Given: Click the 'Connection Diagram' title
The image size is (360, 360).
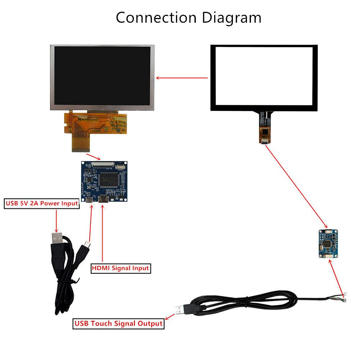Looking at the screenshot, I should (188, 17).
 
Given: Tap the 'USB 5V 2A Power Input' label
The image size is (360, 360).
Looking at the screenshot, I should (42, 203).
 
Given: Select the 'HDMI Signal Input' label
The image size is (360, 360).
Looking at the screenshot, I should (120, 268).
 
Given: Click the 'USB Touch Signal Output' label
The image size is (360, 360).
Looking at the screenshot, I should (118, 323).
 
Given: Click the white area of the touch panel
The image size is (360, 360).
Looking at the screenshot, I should (264, 77).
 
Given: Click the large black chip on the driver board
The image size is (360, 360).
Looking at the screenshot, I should (109, 179).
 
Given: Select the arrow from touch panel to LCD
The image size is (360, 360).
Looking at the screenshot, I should (182, 77).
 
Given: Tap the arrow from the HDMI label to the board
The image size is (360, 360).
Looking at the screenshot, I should (103, 234).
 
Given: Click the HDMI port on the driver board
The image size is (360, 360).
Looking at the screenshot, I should (103, 199).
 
